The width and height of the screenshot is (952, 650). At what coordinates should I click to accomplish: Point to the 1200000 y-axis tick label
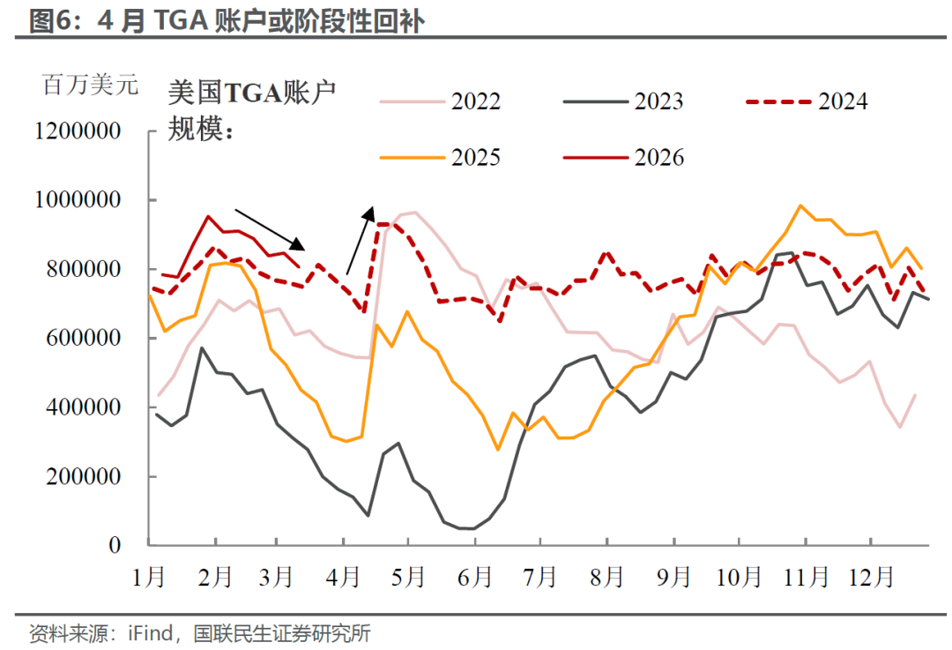click(78, 131)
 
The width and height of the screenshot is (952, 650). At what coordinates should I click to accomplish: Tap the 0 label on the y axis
click(115, 546)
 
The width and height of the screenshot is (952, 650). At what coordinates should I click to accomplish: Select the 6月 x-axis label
click(476, 577)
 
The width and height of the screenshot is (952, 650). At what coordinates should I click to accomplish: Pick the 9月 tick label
click(674, 577)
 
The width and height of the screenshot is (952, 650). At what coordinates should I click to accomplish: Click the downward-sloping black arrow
click(270, 230)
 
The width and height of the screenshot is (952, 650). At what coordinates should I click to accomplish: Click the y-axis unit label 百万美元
click(90, 86)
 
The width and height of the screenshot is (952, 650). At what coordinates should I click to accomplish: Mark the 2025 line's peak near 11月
click(800, 206)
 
